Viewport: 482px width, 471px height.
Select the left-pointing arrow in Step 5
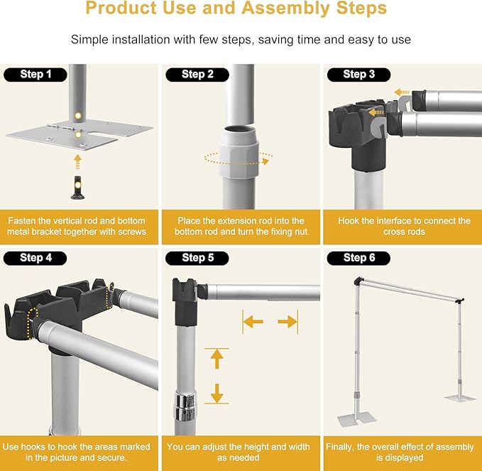click(x=253, y=323)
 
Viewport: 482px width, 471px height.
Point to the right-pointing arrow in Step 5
click(x=287, y=323)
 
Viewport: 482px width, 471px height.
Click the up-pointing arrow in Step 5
click(x=217, y=359)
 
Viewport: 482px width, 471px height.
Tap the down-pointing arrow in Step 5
click(x=217, y=392)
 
